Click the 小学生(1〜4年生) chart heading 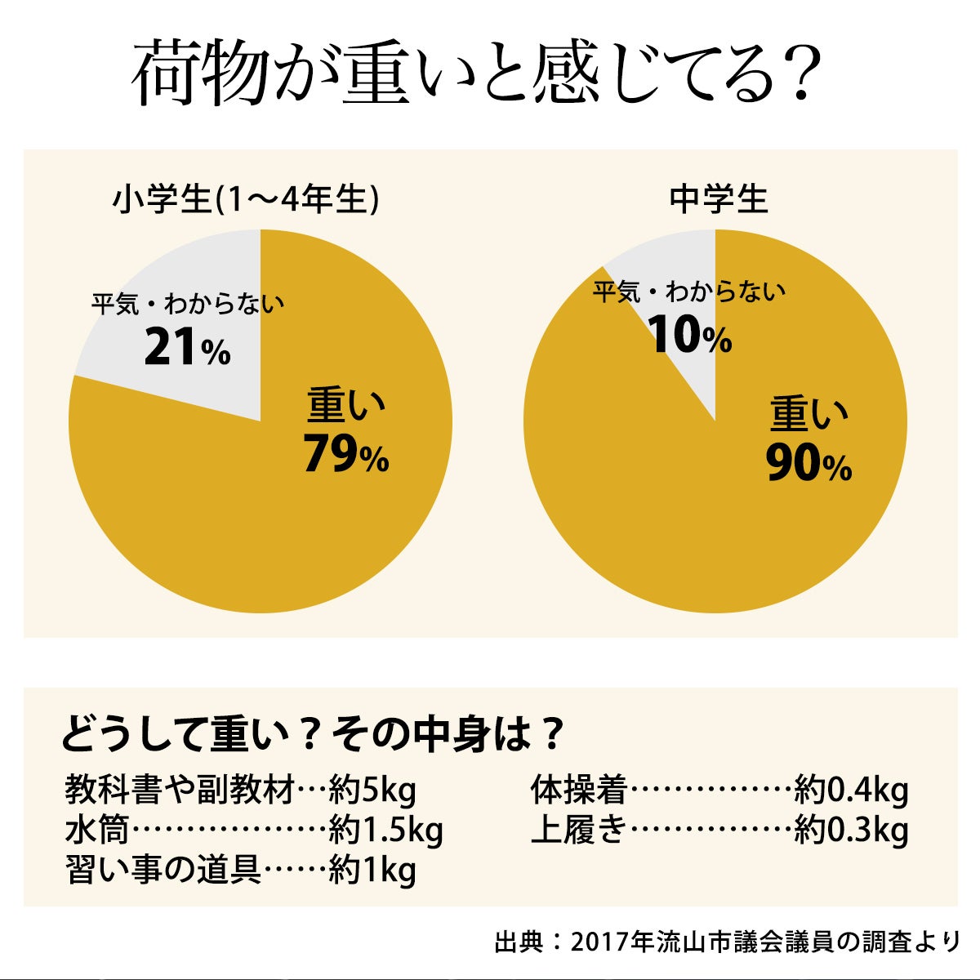(245, 200)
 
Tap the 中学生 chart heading (719, 200)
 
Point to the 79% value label (346, 454)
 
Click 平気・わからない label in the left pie (188, 305)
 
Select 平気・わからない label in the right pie (689, 292)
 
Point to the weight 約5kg (372, 791)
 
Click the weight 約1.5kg (385, 831)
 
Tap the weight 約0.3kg (851, 831)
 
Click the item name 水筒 (97, 831)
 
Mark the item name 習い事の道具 (163, 871)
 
